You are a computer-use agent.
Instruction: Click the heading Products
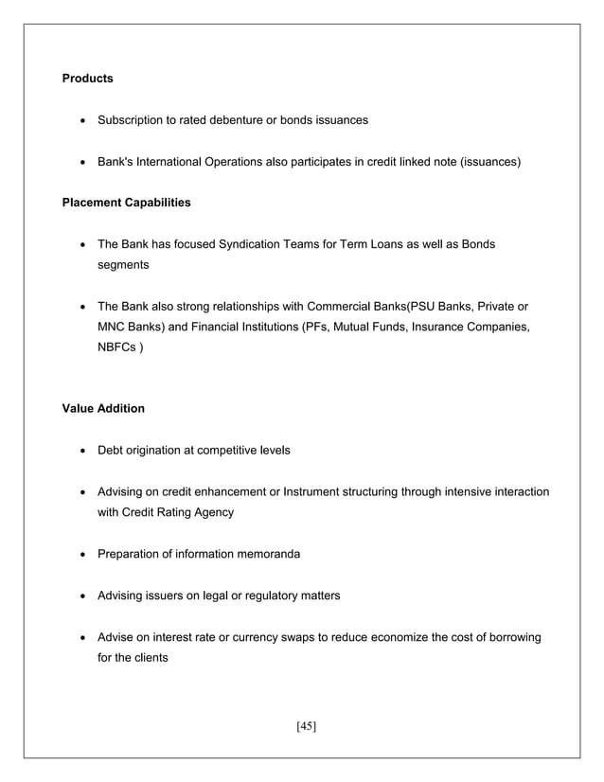tap(87, 79)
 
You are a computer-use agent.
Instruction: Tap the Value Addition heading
tap(103, 408)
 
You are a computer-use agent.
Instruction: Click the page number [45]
tap(306, 726)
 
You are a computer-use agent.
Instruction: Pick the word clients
tap(148, 657)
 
